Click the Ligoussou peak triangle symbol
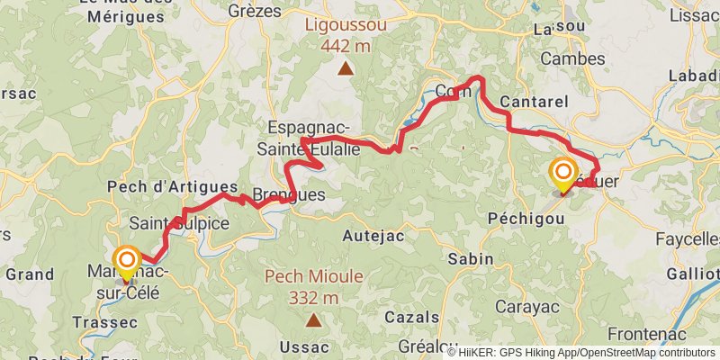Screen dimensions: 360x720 [x=345, y=67]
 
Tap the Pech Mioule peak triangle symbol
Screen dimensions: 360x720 [x=313, y=319]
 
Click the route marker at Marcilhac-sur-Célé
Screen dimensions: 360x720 [x=125, y=259]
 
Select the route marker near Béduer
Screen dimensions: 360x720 [x=563, y=173]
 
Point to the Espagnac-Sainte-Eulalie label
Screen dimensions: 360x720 [x=309, y=139]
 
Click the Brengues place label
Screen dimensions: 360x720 [x=288, y=194]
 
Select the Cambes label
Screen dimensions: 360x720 [x=573, y=58]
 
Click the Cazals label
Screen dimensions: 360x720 [x=411, y=317]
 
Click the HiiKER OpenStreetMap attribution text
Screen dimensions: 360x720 [x=581, y=352]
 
